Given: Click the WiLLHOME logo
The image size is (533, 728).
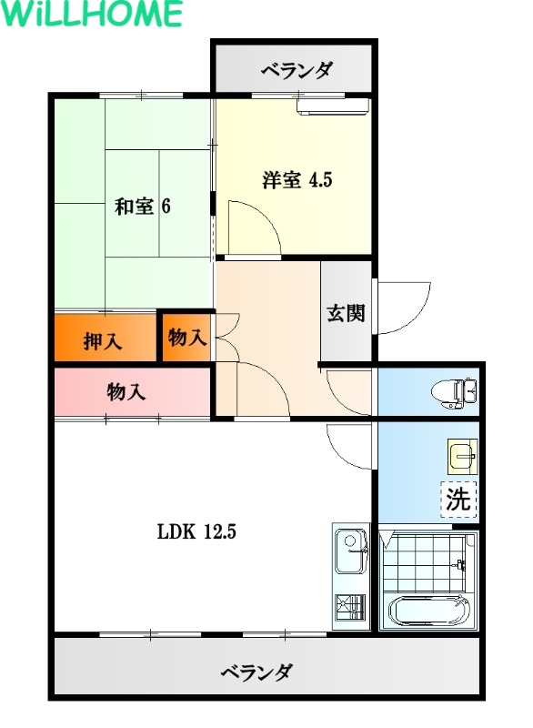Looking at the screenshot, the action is tap(91, 14).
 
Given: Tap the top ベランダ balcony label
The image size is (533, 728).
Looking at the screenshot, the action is tap(297, 71).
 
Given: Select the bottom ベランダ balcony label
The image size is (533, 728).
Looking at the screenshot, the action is tap(256, 672).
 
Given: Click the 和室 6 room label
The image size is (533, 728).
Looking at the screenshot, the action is tap(143, 206).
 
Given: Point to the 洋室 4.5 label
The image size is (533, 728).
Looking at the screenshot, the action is tap(297, 179).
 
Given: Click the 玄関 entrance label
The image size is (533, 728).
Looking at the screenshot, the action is tap(346, 313).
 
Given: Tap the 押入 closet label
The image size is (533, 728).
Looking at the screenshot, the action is tap(103, 342).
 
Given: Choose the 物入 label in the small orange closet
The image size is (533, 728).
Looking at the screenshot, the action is tap(187, 337).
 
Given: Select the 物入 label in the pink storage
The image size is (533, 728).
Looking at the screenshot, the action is tap(126, 392).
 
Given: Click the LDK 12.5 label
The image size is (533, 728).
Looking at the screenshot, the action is tap(196, 531).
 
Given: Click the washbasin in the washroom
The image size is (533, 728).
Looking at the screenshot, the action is tap(462, 456).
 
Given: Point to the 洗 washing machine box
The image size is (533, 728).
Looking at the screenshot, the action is tap(458, 500).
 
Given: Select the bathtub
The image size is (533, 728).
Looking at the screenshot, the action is tap(429, 611).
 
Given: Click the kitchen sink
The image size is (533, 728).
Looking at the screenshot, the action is tap(351, 551).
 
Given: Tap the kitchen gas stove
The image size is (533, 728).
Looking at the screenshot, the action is tap(350, 607).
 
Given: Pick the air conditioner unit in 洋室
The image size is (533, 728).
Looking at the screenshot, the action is tap(333, 106).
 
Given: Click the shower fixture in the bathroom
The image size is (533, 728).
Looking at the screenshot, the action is tap(460, 565).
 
